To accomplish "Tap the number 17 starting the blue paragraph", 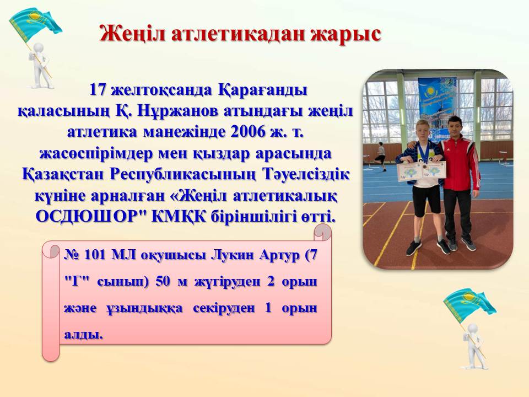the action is click(x=99, y=90).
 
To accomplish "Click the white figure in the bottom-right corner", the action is click(x=474, y=346).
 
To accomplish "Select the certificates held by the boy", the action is click(x=422, y=170).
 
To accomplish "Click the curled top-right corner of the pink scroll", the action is click(x=322, y=232).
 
